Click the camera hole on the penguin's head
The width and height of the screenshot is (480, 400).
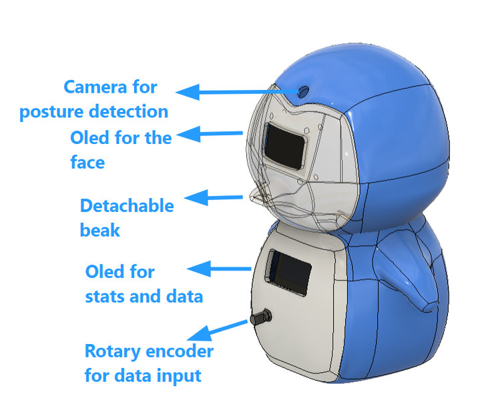(x=303, y=91)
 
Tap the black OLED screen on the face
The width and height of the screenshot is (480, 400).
(x=284, y=146)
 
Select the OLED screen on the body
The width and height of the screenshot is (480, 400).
(x=292, y=273)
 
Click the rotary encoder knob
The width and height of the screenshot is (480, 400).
(x=261, y=317)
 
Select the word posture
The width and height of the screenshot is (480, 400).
(x=51, y=112)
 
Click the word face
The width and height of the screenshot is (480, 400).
(x=87, y=162)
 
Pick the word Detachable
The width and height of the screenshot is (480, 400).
(x=127, y=205)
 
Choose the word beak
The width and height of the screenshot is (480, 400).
(x=99, y=229)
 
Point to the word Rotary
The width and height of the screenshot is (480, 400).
(x=112, y=352)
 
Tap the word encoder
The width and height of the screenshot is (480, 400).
(x=180, y=351)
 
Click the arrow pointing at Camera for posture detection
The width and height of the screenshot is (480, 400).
(x=237, y=92)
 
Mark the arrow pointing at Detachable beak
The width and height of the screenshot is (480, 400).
(x=214, y=197)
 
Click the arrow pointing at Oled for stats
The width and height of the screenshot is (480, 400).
(x=219, y=269)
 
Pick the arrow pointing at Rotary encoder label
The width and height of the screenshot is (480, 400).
(x=218, y=331)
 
